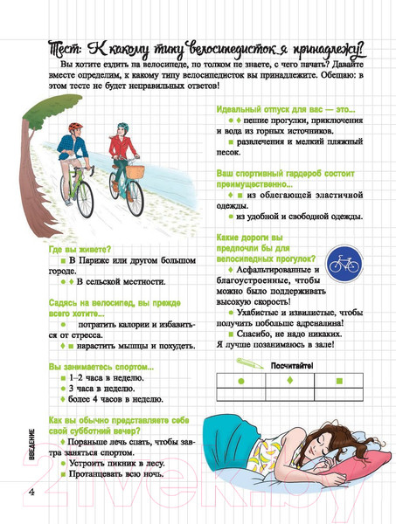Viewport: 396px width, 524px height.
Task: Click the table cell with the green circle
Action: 240,382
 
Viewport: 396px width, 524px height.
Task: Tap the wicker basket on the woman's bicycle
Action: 135,172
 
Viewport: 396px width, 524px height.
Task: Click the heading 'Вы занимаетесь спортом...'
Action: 101,366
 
